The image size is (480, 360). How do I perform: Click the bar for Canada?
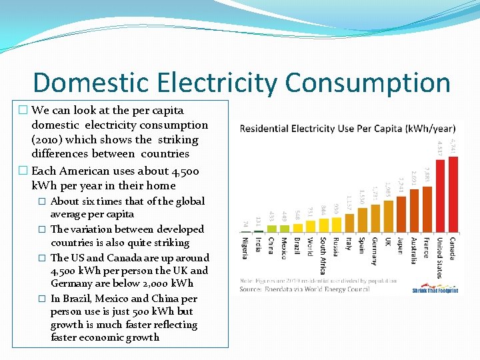click(x=453, y=194)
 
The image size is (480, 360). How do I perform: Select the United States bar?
click(x=440, y=196)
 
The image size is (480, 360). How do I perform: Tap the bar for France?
click(x=427, y=207)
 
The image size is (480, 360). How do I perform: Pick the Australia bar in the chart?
click(x=414, y=210)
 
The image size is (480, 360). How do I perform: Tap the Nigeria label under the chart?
click(x=245, y=249)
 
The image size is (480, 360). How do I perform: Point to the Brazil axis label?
click(x=297, y=247)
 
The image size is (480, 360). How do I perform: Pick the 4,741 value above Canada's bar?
click(x=453, y=146)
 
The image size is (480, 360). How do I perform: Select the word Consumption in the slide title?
click(x=368, y=83)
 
